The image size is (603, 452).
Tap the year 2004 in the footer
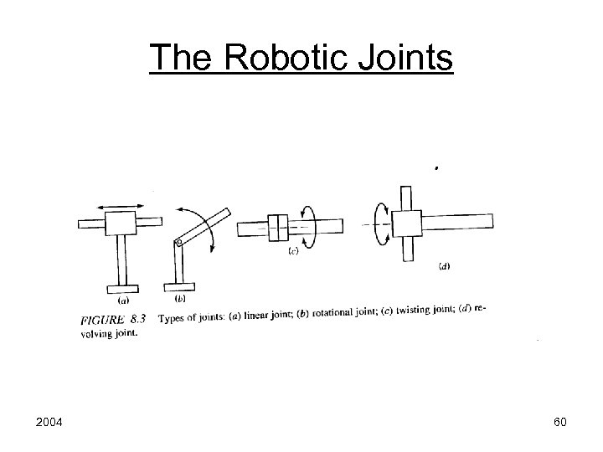(x=50, y=422)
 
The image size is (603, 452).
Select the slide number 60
(x=559, y=422)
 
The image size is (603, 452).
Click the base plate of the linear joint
(x=123, y=290)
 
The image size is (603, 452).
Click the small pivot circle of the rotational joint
(x=178, y=243)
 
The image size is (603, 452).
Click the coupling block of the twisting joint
(x=277, y=227)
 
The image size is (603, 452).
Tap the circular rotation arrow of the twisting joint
(x=307, y=226)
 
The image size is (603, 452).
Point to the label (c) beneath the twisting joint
(x=293, y=250)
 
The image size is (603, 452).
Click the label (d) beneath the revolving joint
(x=444, y=267)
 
